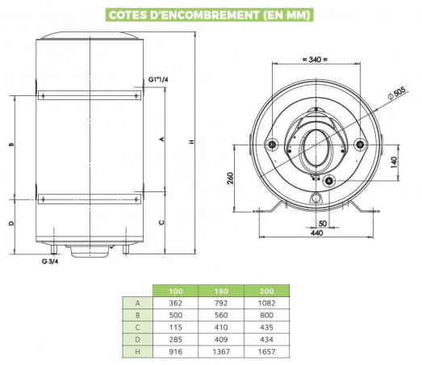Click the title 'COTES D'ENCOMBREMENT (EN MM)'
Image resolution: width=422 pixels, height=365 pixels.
point(209,15)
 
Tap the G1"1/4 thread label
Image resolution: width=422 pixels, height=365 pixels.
point(158,79)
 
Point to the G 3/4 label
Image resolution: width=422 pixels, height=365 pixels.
point(50,261)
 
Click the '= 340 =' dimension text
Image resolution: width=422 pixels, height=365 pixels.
point(315,59)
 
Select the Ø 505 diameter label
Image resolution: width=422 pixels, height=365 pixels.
point(396,93)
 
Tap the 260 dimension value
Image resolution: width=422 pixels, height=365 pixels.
point(231,178)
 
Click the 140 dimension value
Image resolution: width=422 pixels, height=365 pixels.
point(394,162)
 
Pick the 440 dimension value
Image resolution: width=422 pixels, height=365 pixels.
point(316,233)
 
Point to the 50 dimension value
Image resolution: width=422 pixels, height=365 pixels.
point(323,224)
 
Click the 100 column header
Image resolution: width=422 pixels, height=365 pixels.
point(175,292)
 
